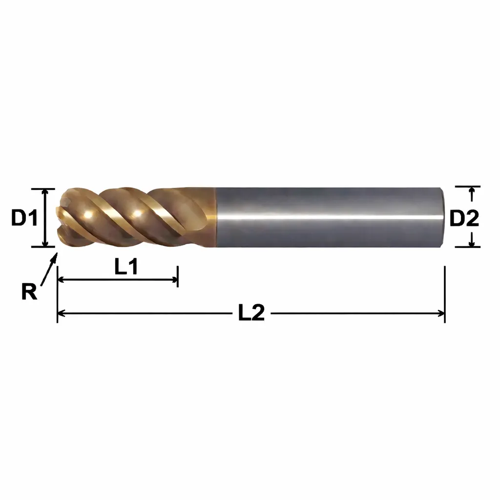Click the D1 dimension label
(24, 218)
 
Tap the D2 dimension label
(464, 218)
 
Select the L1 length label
(126, 267)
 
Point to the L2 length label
(251, 312)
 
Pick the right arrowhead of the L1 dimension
(174, 280)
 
